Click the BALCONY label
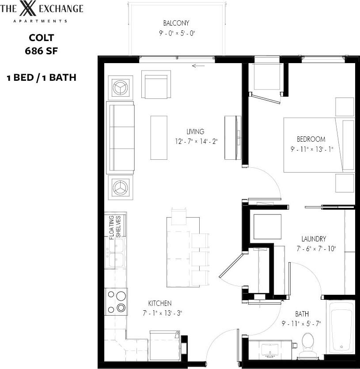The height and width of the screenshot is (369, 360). [176, 23]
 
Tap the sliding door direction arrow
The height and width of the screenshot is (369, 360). [199, 66]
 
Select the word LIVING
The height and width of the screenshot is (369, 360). [195, 132]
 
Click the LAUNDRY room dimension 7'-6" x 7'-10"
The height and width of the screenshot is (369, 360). [316, 249]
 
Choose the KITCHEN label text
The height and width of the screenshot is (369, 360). [159, 303]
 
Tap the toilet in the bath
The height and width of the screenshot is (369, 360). [307, 344]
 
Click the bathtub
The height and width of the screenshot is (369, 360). [340, 327]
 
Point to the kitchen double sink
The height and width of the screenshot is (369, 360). [116, 253]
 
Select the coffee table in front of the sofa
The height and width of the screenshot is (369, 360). [159, 137]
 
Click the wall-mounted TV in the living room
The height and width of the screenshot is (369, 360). [232, 137]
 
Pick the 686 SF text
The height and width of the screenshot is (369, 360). [42, 51]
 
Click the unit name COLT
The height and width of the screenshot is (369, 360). [42, 38]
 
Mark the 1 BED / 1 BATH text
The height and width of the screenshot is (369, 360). [42, 78]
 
